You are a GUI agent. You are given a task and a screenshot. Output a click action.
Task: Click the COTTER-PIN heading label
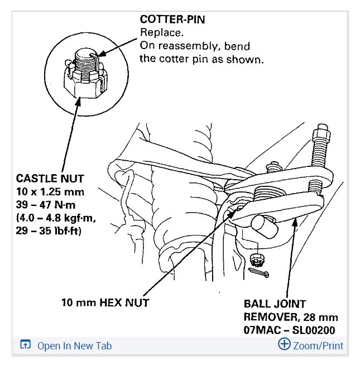click(172, 19)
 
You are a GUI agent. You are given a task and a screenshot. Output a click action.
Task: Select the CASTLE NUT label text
click(50, 179)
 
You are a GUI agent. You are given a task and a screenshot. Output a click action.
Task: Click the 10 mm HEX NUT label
click(105, 303)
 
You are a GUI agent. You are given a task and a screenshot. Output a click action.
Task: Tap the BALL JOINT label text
click(275, 304)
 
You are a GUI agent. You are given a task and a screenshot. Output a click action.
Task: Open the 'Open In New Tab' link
click(74, 346)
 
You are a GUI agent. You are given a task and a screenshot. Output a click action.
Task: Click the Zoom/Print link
click(318, 346)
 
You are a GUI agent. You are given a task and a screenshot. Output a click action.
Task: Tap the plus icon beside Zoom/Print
click(284, 344)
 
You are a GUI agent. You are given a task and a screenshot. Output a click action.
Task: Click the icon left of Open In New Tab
click(25, 345)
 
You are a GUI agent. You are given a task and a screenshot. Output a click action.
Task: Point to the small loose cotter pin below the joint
click(258, 273)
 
